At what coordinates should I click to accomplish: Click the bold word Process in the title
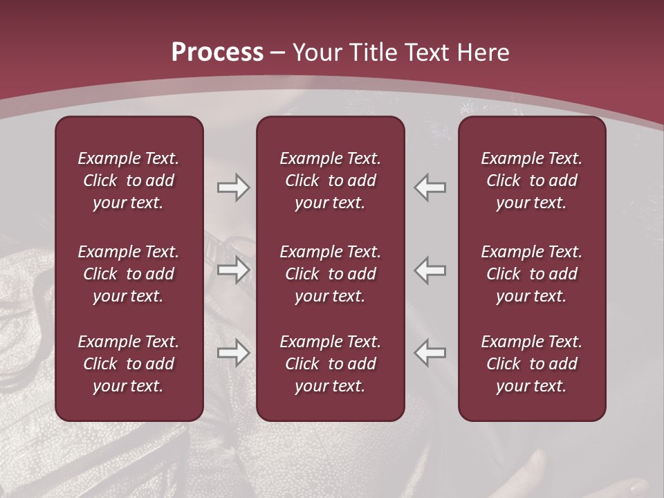(217, 53)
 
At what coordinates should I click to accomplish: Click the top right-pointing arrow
(233, 187)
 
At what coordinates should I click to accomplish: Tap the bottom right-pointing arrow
(233, 353)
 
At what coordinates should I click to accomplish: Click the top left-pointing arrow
(430, 187)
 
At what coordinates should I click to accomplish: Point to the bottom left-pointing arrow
(430, 353)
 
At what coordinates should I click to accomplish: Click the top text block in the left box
(129, 181)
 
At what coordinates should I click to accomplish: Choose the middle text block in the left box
(129, 274)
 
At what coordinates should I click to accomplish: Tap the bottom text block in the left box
(129, 364)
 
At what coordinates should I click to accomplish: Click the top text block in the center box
(331, 181)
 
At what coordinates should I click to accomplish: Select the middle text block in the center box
(331, 274)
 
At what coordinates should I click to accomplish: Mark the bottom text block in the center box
(331, 364)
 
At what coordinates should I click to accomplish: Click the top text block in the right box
(532, 181)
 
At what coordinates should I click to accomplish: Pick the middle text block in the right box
(532, 274)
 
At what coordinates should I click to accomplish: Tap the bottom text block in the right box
(532, 364)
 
